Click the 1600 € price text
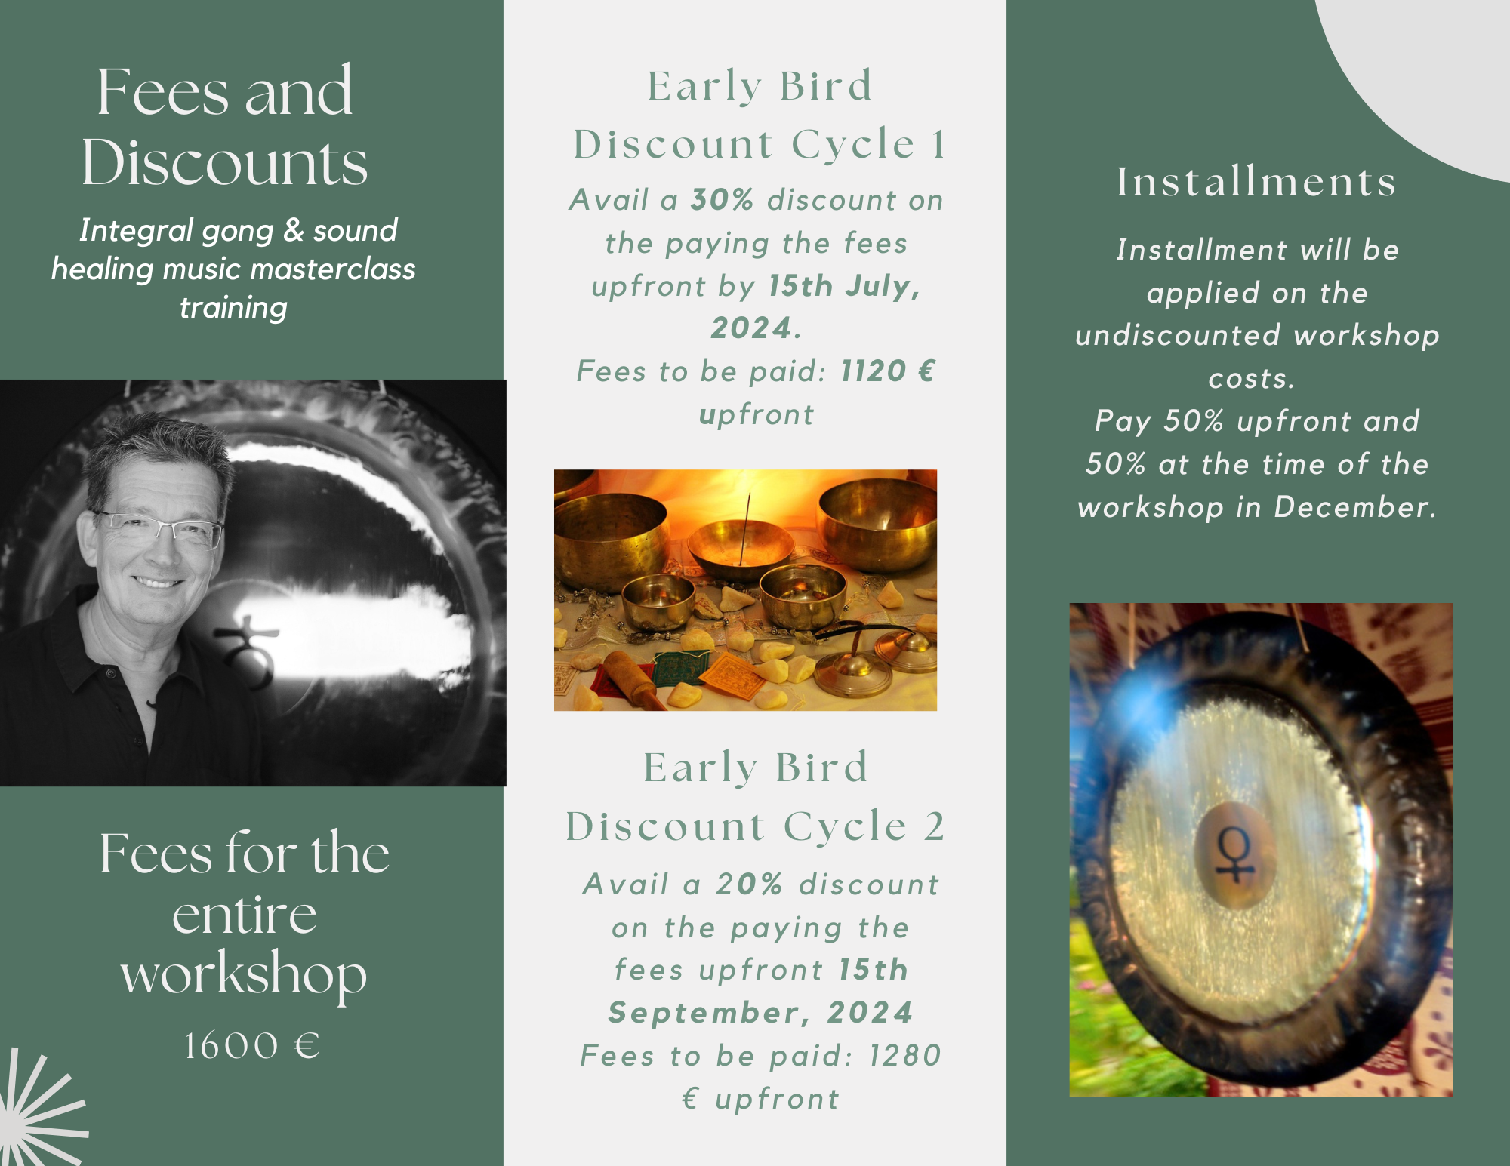(253, 1046)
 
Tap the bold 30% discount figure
(723, 200)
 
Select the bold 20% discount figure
(749, 884)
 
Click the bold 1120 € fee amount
(888, 371)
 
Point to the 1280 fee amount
(905, 1056)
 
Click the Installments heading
(1257, 182)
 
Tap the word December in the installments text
(1355, 507)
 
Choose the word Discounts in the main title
(225, 162)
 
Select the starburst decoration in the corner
(38, 1109)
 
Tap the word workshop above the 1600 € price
(244, 975)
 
